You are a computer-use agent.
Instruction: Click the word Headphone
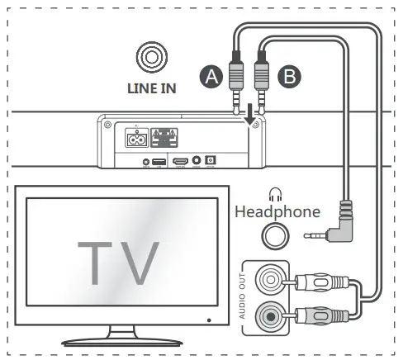point(277,212)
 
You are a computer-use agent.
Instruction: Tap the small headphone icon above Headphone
point(276,195)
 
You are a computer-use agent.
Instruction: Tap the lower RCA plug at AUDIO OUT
point(315,315)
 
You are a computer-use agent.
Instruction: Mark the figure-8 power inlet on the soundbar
point(136,140)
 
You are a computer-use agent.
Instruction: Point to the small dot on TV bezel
point(209,319)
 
